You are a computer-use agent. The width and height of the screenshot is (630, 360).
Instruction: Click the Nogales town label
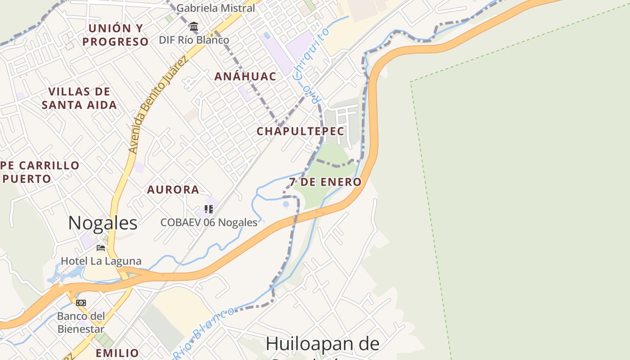(103, 223)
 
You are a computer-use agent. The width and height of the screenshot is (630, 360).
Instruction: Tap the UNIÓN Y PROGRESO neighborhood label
(115, 35)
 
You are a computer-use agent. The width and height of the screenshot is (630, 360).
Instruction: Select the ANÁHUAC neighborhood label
(245, 76)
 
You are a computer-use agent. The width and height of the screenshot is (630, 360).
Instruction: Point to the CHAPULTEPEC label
(300, 131)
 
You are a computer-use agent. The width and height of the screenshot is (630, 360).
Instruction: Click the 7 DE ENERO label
(325, 182)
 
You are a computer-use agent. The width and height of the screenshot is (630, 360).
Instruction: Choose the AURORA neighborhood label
(173, 189)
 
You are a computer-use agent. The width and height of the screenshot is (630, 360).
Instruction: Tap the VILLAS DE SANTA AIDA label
(79, 99)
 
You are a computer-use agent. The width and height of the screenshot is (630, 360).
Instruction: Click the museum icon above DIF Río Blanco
(194, 27)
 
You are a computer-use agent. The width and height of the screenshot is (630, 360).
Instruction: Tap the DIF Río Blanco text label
(194, 40)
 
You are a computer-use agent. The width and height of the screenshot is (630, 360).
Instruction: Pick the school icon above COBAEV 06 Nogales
(208, 209)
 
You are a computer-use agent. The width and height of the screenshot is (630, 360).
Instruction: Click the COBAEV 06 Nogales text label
(209, 222)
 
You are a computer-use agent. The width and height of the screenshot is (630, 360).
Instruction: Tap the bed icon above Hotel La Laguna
(101, 247)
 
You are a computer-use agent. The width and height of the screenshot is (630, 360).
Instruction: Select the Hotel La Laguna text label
(101, 261)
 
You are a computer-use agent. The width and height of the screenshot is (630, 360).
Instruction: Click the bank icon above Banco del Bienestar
(81, 302)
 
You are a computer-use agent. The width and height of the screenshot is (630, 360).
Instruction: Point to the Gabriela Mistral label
(216, 8)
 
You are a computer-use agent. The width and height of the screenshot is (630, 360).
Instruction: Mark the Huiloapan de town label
(322, 344)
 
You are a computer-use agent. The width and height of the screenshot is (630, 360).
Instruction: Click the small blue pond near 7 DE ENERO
(286, 204)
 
